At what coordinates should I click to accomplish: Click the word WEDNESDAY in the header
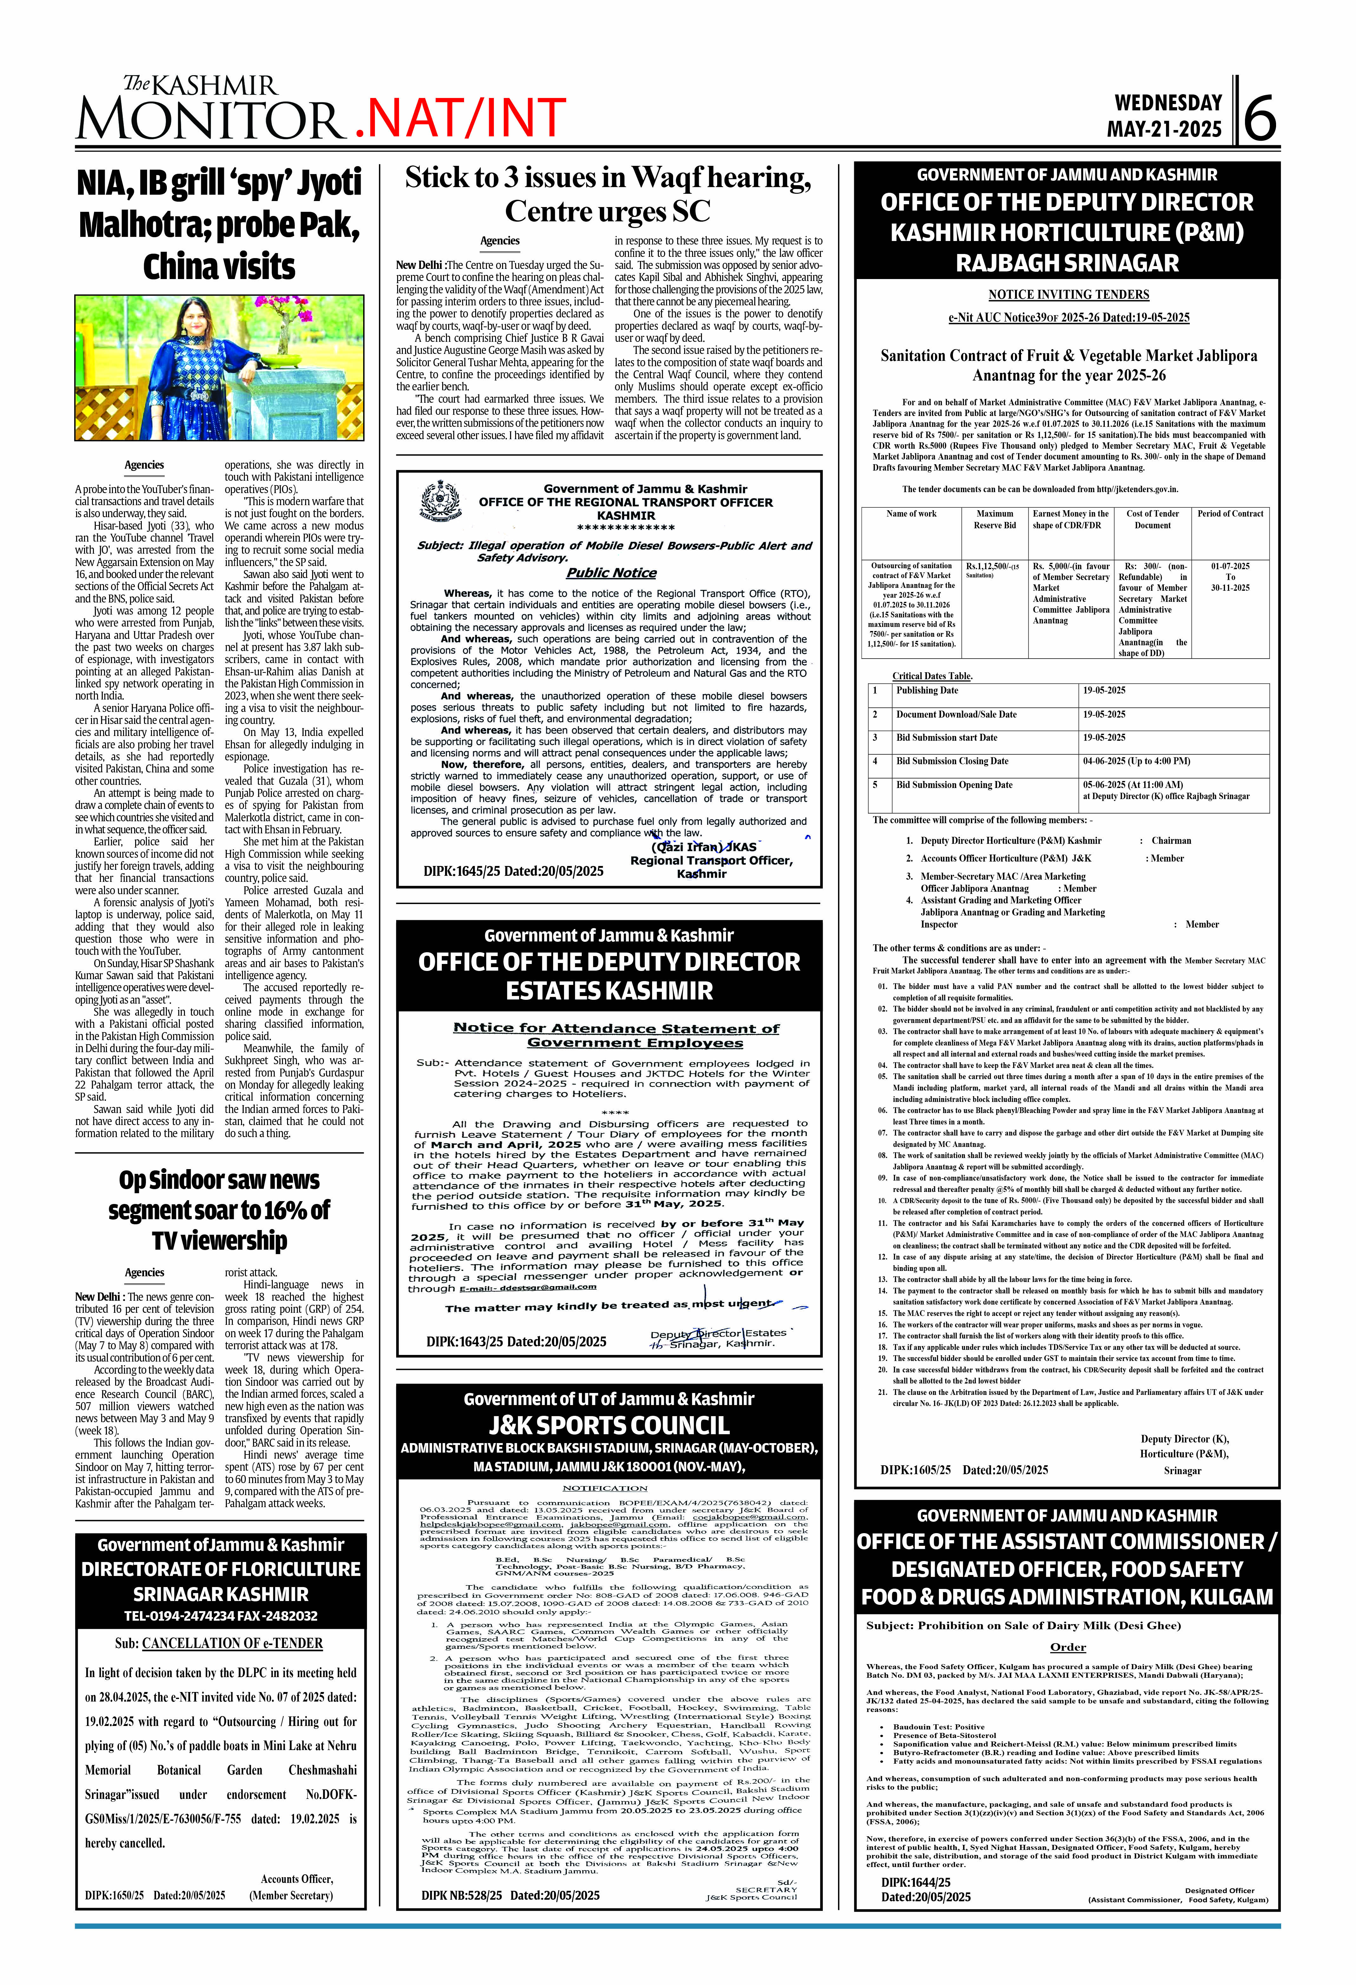[1168, 102]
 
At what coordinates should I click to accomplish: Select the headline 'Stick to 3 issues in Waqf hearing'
[607, 178]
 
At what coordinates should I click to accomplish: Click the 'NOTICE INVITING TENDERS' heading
[1068, 295]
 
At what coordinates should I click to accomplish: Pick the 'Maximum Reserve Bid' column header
[995, 519]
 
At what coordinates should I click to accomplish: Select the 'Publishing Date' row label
[927, 690]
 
